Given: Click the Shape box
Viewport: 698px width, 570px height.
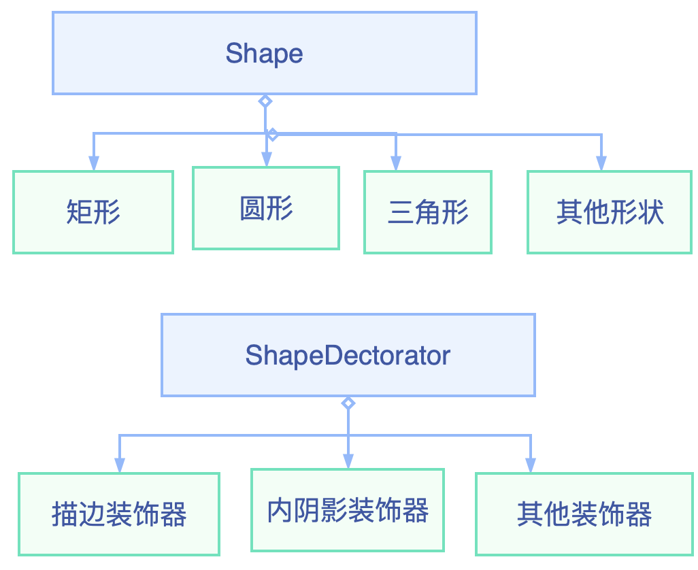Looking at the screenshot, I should pos(265,53).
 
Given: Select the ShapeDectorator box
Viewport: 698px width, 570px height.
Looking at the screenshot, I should pos(348,354).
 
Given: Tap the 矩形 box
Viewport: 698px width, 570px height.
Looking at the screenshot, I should pos(93,212).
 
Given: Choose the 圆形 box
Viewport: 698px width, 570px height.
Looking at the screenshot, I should pos(266,208).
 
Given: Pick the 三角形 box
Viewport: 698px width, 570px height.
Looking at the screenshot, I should pos(428,212).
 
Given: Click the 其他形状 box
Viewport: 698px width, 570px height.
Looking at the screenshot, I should pos(610,212).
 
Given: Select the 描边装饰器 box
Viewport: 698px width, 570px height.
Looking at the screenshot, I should pos(119,514).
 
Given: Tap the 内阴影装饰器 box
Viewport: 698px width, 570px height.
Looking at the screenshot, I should pos(348,510).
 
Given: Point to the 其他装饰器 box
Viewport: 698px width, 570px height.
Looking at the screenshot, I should pos(584,514).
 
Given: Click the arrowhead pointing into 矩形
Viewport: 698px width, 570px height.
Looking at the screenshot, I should pos(94,163).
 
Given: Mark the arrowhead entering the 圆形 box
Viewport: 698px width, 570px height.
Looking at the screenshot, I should pos(266,159).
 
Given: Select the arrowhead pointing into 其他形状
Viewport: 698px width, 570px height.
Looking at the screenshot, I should pos(601,163).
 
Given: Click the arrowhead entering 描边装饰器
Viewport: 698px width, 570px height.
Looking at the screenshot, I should pos(120,465).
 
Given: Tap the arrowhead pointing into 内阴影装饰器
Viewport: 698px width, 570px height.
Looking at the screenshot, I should pos(348,461).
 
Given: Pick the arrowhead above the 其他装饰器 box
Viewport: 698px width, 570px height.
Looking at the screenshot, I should pos(531,465).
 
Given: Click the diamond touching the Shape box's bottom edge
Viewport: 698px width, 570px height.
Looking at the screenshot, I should pos(265,101).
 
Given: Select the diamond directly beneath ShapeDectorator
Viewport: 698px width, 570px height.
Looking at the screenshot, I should pos(348,403).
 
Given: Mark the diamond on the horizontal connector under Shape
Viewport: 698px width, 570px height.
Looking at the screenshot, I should pos(272,134).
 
